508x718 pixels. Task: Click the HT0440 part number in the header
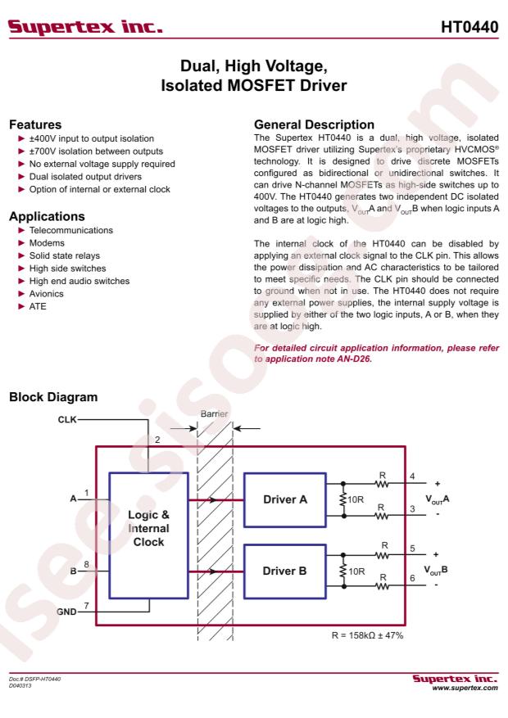(x=469, y=27)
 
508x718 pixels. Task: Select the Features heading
(x=35, y=124)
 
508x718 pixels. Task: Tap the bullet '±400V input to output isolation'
(x=92, y=138)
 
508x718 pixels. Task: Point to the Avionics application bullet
(x=46, y=294)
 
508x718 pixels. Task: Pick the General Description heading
(x=315, y=124)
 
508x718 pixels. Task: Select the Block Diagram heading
(x=53, y=397)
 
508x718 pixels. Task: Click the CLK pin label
(x=67, y=419)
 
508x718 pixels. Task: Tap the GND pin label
(x=66, y=612)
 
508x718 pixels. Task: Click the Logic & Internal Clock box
(x=148, y=535)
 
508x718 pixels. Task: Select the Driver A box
(x=285, y=499)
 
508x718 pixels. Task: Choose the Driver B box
(x=285, y=571)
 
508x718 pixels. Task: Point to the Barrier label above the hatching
(x=214, y=414)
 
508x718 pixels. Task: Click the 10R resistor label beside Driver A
(x=356, y=499)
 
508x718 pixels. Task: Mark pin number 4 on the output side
(x=412, y=476)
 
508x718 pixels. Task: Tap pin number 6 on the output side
(x=412, y=578)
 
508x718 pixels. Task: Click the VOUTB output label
(x=436, y=570)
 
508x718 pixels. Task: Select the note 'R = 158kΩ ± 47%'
(x=367, y=635)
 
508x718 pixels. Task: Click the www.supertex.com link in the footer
(x=465, y=688)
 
